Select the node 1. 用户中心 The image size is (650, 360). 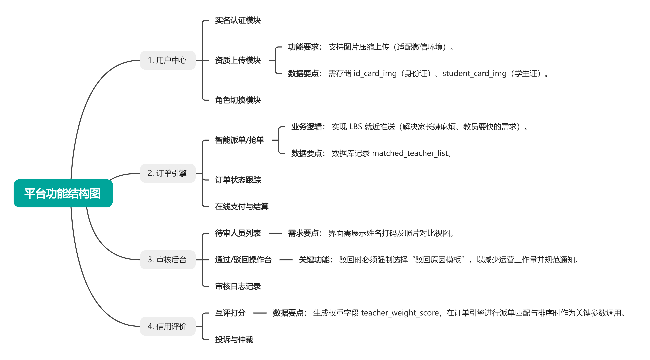point(168,60)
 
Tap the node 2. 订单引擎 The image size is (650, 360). point(168,173)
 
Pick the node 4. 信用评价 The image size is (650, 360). point(168,326)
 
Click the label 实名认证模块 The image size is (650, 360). point(238,20)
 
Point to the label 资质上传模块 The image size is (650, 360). point(238,60)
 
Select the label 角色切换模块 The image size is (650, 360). point(238,100)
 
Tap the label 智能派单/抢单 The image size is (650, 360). point(239,140)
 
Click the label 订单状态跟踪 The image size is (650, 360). point(238,180)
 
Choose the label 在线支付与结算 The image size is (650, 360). point(241,207)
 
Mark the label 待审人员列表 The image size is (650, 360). point(238,233)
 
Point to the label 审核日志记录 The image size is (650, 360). point(238,286)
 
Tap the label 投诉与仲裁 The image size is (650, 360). point(234,340)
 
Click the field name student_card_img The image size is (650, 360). point(474,73)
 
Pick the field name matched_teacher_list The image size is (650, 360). point(410,153)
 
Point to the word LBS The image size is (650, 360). point(355,127)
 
